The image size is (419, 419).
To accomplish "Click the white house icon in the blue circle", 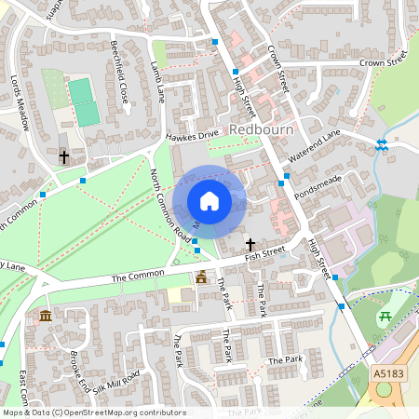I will coord(209,200).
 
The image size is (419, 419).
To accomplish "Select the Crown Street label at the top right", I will coord(385,62).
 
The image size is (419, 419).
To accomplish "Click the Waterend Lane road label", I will coord(315,148).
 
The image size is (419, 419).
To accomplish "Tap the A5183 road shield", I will coord(390,372).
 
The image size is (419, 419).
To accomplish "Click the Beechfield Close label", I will coord(118,71).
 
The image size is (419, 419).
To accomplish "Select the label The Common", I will coord(137,277).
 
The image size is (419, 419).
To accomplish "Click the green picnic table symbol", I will coord(385,318).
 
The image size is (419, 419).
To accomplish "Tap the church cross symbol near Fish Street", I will coord(250,242).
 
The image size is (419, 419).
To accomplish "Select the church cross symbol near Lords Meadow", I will coord(63,157).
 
